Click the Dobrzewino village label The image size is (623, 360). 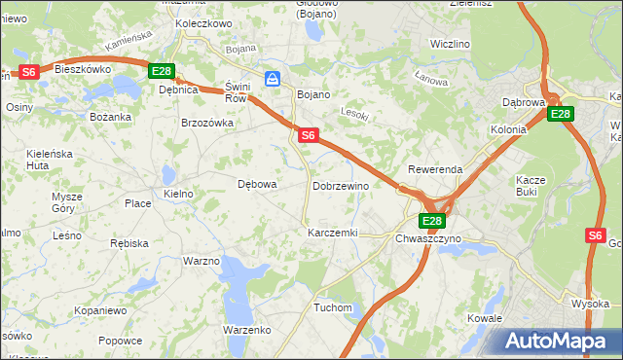[x=341, y=185]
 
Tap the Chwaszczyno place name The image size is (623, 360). [x=429, y=237]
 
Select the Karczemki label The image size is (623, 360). [x=333, y=234]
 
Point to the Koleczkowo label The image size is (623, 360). [x=202, y=22]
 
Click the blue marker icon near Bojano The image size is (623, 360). [x=274, y=78]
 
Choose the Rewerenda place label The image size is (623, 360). [x=435, y=169]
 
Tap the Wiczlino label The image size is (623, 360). [x=450, y=45]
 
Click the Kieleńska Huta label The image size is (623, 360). [x=52, y=160]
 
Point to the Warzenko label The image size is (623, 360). [x=246, y=330]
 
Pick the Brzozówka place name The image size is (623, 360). [x=207, y=123]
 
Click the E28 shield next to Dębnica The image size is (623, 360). [x=161, y=71]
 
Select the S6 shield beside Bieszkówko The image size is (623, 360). [x=29, y=71]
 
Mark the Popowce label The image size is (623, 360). [x=120, y=341]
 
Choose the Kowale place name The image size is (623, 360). [x=484, y=318]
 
